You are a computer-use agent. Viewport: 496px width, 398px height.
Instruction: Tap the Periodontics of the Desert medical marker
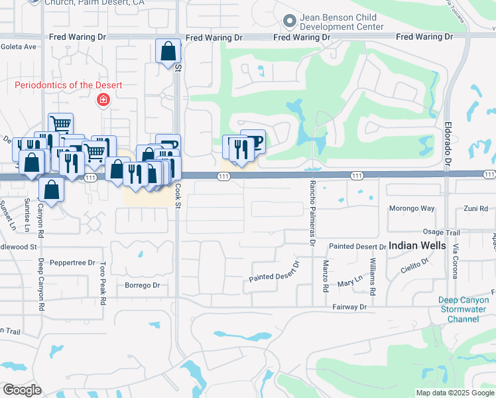(x=103, y=100)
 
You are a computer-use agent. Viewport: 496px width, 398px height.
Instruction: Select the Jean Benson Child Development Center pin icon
(x=289, y=22)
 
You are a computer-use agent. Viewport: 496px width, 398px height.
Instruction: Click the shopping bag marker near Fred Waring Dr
(x=168, y=51)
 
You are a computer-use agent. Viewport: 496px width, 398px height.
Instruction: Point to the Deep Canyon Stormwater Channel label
(x=468, y=309)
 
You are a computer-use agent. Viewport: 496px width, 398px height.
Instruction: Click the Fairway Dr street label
(x=349, y=307)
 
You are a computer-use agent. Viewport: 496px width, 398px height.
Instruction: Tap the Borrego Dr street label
(x=143, y=285)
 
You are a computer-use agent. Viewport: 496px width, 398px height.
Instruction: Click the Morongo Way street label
(x=412, y=208)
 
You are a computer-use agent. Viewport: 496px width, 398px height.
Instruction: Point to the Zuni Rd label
(x=475, y=208)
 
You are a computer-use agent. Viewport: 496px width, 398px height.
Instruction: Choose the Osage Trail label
(x=442, y=233)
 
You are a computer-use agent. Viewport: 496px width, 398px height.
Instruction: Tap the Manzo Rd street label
(x=326, y=276)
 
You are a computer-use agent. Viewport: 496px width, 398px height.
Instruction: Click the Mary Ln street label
(x=347, y=283)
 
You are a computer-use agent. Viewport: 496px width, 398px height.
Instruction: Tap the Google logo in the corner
(x=22, y=390)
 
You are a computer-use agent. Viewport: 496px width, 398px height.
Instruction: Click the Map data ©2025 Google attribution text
(x=455, y=393)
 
